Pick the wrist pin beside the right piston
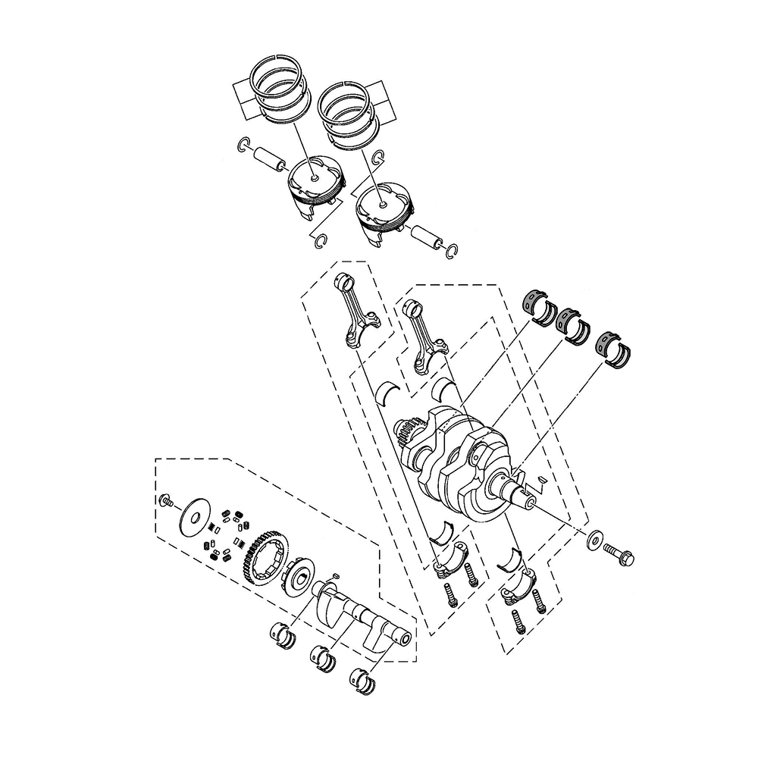(427, 237)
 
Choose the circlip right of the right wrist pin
(453, 250)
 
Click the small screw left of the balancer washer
(166, 501)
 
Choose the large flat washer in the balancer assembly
(195, 516)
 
